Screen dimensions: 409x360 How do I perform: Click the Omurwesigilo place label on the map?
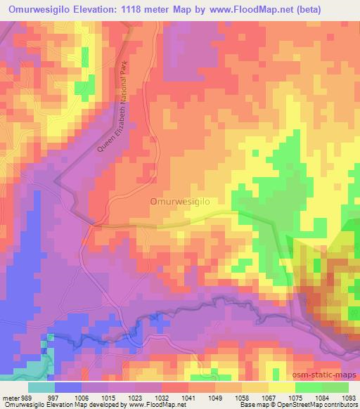point(181,200)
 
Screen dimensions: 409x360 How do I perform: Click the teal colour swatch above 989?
point(41,387)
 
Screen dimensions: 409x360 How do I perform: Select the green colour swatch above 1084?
point(308,387)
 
